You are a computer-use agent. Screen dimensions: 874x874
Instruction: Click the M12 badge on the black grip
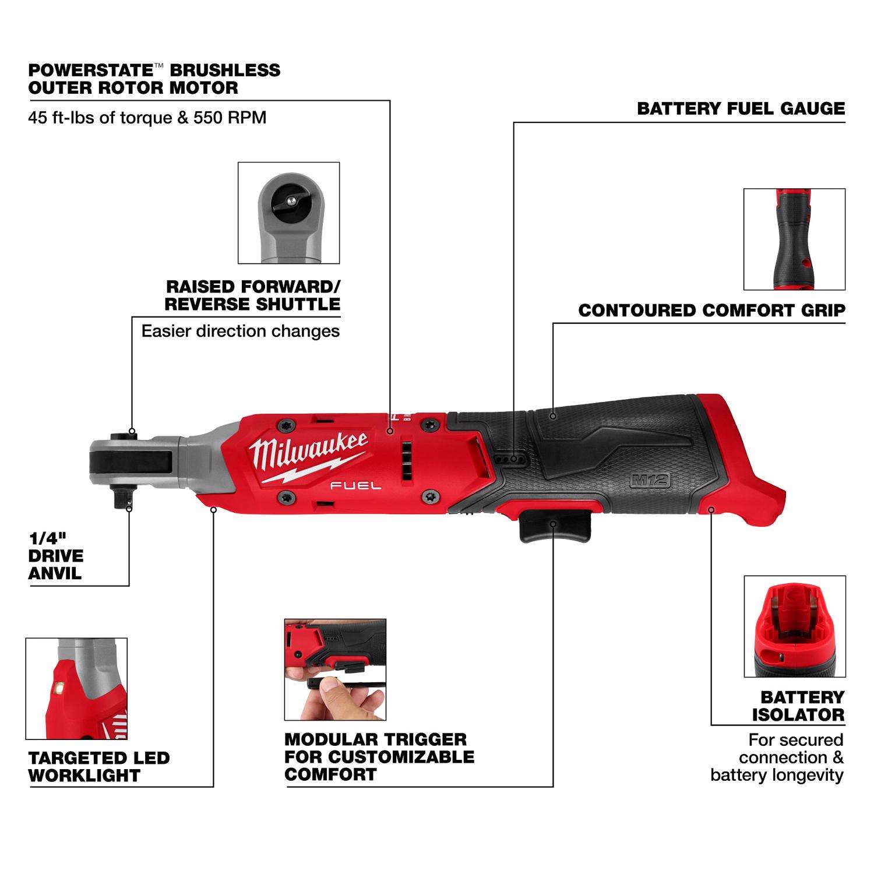click(x=650, y=481)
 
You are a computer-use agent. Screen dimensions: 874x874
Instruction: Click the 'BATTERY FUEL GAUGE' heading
click(x=741, y=108)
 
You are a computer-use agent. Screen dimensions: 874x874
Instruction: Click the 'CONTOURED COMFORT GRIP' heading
click(x=711, y=311)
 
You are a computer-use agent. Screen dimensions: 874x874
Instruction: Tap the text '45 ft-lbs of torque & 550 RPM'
click(x=147, y=118)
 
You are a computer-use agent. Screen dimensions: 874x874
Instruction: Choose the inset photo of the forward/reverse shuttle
click(x=289, y=213)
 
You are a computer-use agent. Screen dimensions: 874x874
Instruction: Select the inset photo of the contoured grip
click(x=794, y=239)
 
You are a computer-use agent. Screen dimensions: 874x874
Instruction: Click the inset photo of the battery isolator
click(x=794, y=626)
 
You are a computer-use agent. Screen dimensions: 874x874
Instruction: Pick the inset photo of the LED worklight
click(x=76, y=688)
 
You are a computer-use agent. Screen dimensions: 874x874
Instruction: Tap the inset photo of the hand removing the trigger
click(x=335, y=669)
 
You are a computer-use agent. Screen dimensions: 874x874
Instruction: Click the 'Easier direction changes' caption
click(x=241, y=331)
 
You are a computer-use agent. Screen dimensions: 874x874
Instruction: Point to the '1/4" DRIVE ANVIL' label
click(x=56, y=555)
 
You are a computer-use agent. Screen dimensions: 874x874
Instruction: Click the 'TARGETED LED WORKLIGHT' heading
click(x=99, y=766)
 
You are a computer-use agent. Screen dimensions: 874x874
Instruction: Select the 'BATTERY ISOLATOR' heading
click(x=798, y=706)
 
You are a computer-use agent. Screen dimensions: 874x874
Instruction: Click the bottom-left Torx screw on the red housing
click(x=286, y=496)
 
